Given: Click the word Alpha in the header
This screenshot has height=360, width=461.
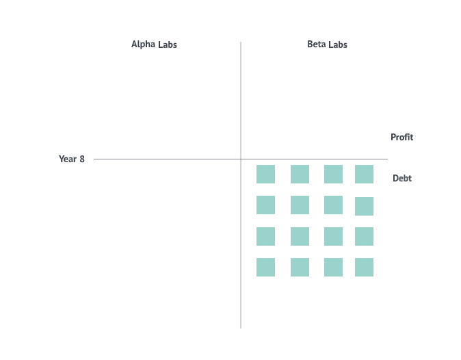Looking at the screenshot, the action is click(x=143, y=44).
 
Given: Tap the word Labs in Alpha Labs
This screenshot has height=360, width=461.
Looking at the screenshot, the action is click(x=167, y=44).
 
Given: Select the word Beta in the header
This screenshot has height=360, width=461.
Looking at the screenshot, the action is click(x=316, y=44).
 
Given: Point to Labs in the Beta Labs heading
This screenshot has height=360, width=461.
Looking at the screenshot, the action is click(x=337, y=44).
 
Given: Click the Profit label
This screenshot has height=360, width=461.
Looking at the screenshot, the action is click(x=401, y=138).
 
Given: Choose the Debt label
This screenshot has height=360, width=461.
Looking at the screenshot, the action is click(x=401, y=179).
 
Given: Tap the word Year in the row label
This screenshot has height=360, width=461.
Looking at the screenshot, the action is click(x=68, y=159).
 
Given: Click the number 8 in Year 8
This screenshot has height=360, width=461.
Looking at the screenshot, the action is click(x=82, y=159).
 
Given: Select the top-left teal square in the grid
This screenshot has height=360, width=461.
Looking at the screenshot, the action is click(x=265, y=174).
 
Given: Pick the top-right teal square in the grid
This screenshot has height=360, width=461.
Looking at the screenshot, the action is click(x=364, y=174).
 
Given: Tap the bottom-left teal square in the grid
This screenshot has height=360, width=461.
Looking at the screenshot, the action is click(x=265, y=267).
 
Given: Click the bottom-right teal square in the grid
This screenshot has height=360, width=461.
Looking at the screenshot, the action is click(x=364, y=267).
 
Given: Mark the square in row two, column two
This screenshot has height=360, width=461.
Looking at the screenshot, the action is click(x=300, y=205).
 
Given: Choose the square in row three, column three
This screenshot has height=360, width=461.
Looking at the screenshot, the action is click(x=333, y=236).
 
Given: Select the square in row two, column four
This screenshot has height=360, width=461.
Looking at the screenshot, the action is click(x=364, y=206).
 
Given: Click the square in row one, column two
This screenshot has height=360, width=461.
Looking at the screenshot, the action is click(x=300, y=174).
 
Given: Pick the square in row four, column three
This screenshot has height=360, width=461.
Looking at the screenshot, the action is click(x=333, y=267).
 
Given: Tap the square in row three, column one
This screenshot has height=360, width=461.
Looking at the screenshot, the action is click(x=265, y=236).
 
